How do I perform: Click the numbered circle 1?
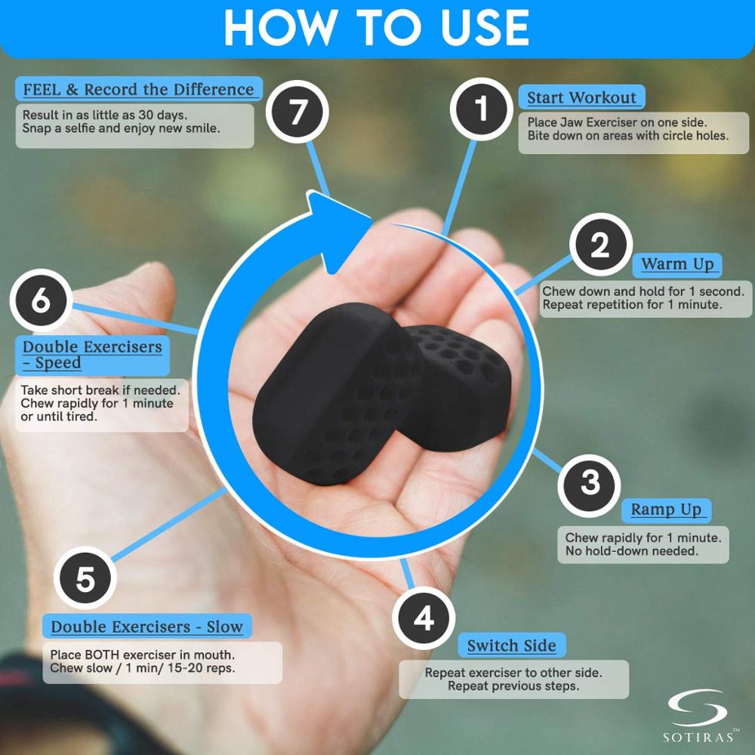click(482, 109)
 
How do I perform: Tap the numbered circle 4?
click(424, 618)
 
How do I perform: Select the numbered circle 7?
click(297, 112)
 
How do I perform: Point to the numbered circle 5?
click(85, 578)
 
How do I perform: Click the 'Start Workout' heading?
click(581, 97)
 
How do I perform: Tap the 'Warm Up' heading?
click(677, 264)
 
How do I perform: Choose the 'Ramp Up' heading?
click(667, 510)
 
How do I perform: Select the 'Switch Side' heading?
click(511, 646)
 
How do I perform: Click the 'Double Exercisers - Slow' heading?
click(147, 627)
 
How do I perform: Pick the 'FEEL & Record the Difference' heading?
click(139, 90)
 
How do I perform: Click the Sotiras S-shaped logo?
click(698, 708)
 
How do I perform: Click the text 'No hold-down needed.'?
click(632, 551)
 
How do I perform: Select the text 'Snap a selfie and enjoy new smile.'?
click(121, 128)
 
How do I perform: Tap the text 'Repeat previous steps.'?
click(513, 686)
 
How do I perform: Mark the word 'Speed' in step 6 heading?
click(58, 363)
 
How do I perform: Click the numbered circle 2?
click(601, 245)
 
